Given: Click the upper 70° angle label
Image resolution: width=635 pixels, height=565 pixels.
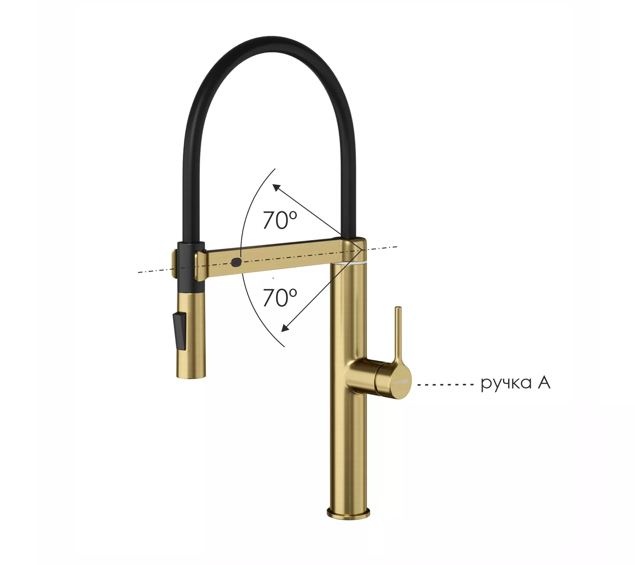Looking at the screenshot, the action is (x=280, y=220).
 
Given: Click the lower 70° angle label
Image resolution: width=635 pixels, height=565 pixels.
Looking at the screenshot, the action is (x=280, y=298).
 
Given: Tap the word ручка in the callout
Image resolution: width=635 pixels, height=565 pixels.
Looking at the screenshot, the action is (x=506, y=384).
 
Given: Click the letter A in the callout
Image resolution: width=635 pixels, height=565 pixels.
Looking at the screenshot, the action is (x=544, y=382).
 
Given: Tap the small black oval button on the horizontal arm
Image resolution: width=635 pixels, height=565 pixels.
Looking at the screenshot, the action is (x=236, y=262).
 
